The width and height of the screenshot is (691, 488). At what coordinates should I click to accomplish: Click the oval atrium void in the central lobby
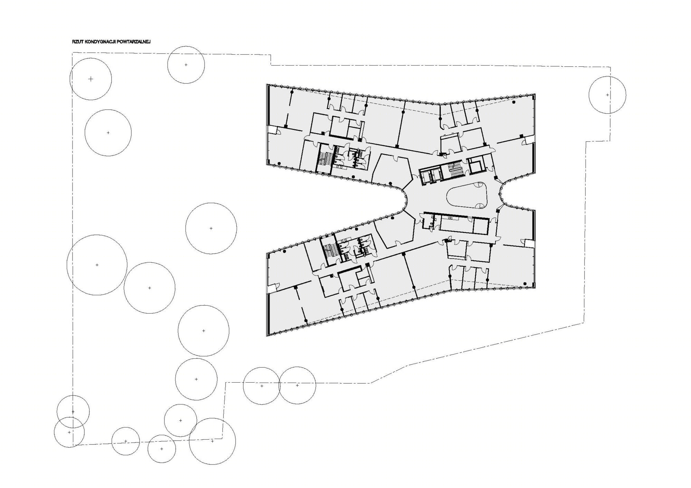pyautogui.click(x=467, y=196)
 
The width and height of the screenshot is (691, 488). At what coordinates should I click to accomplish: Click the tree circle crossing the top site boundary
pyautogui.click(x=186, y=65)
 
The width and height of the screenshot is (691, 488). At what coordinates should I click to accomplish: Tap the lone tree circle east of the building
pyautogui.click(x=607, y=95)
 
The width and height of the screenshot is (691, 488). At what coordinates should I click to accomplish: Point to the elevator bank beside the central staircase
pyautogui.click(x=430, y=175)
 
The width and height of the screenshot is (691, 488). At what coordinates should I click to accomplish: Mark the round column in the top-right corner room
pyautogui.click(x=514, y=102)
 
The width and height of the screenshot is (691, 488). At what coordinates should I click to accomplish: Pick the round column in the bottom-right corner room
pyautogui.click(x=525, y=284)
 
